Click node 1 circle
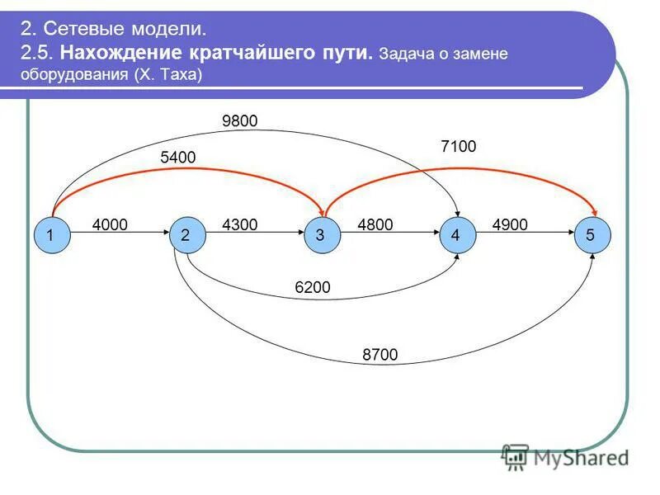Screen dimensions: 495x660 51,235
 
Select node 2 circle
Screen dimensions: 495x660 186,235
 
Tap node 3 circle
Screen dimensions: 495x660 320,235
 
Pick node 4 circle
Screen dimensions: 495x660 455,235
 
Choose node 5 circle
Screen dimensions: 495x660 590,235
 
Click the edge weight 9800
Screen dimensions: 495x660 240,121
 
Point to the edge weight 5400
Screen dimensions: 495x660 179,158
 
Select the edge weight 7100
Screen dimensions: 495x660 459,146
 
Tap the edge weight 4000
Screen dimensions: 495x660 110,224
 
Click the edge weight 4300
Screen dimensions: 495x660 240,224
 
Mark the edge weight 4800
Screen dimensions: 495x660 375,224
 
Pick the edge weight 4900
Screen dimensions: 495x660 509,224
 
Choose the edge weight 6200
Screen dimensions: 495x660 313,287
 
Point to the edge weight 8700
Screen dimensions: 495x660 379,355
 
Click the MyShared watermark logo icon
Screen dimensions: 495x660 516,456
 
